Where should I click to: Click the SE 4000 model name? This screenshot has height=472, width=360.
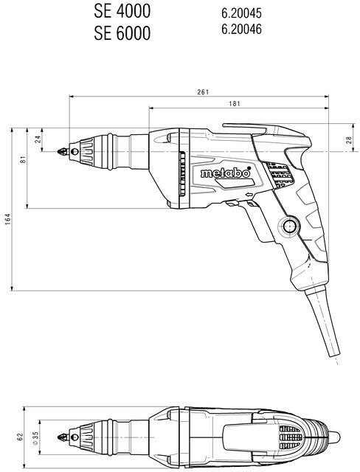122,12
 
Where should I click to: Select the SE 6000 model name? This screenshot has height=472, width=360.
122,33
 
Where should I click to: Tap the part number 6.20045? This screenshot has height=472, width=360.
241,13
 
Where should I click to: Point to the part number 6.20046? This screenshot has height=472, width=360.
241,29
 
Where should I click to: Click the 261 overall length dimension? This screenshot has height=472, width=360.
203,91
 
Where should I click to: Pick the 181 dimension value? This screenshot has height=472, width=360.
235,103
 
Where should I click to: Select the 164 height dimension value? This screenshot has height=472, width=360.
7,219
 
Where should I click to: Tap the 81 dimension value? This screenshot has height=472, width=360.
23,159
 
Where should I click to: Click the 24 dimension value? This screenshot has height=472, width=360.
38,139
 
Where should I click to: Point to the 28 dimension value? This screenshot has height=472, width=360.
348,140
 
